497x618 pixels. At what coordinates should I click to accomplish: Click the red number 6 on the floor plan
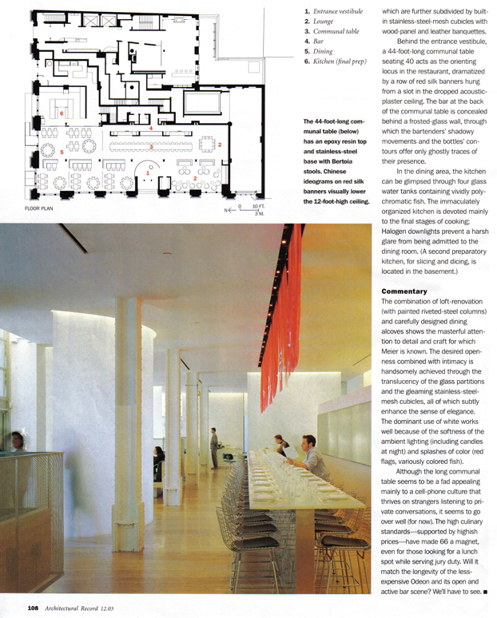point(62,114)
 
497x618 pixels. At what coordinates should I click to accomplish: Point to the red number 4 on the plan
point(150,129)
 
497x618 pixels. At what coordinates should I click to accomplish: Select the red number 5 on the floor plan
point(62,151)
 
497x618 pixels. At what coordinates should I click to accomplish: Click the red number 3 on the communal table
point(151,146)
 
